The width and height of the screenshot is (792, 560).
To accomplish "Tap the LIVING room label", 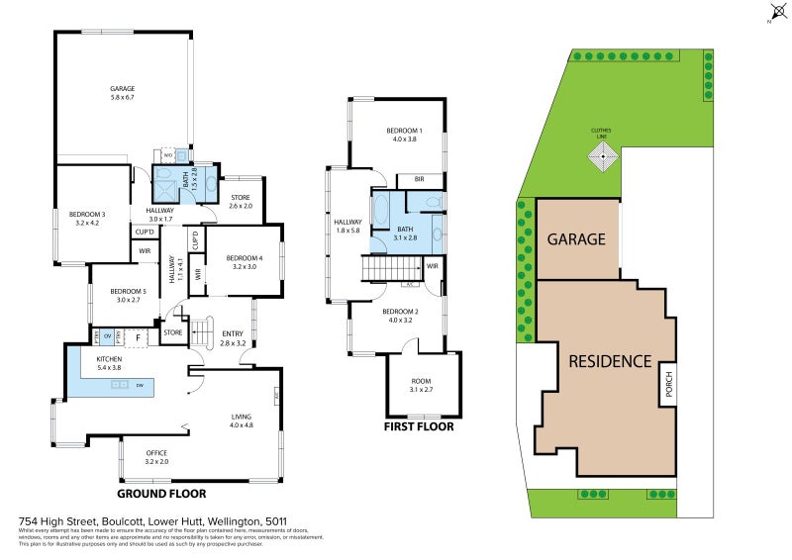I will click(x=242, y=420).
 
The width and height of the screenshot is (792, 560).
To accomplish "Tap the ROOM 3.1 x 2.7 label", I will click(x=421, y=381).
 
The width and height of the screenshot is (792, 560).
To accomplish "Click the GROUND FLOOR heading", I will click(x=161, y=493).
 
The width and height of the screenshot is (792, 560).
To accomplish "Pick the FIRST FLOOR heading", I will click(x=419, y=427).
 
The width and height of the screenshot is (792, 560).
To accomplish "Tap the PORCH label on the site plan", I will click(x=668, y=383).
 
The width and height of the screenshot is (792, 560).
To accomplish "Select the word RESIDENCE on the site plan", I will click(x=609, y=361).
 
